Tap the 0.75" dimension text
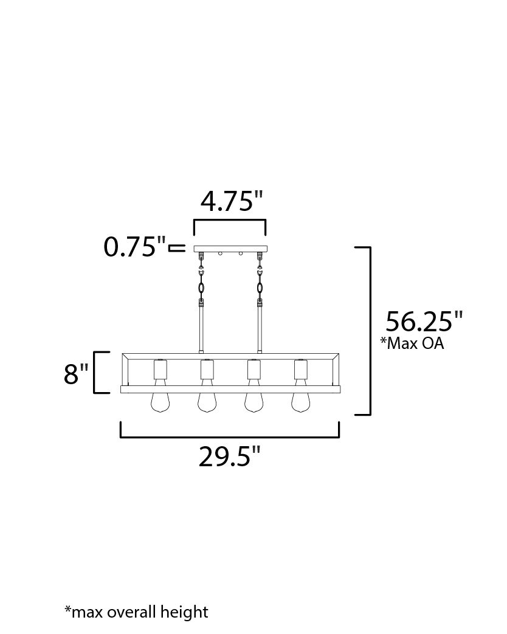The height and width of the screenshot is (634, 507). click(134, 247)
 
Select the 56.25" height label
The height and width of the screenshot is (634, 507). click(424, 321)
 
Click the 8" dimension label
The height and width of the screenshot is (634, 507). click(76, 374)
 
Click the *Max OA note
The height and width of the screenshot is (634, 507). click(412, 343)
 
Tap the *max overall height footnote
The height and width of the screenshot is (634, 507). click(136, 612)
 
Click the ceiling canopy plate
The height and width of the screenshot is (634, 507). click(230, 249)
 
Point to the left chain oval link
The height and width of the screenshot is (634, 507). click(201, 288)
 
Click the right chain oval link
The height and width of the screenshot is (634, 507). click(260, 288)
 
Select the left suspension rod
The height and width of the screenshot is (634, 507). click(201, 328)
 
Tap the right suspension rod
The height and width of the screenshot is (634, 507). click(260, 328)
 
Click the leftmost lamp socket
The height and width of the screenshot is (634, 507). click(160, 368)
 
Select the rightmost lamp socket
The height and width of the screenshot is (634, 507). click(301, 368)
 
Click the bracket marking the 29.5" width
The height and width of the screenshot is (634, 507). click(229, 436)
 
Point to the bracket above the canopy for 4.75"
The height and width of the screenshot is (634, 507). click(230, 220)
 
